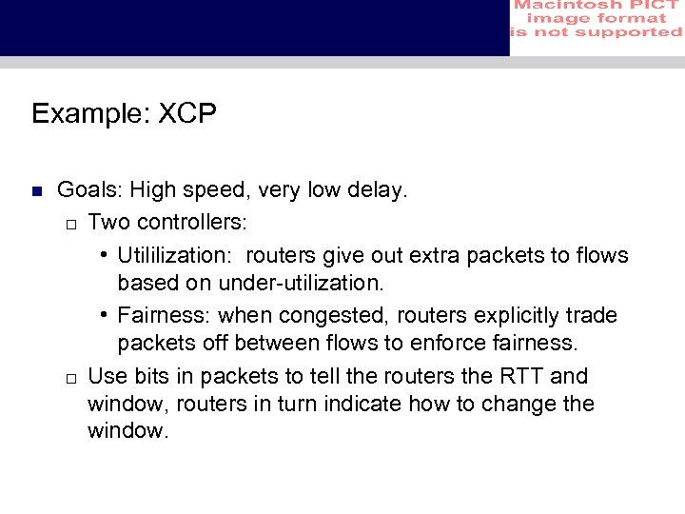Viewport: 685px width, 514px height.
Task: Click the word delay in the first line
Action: coord(378,191)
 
